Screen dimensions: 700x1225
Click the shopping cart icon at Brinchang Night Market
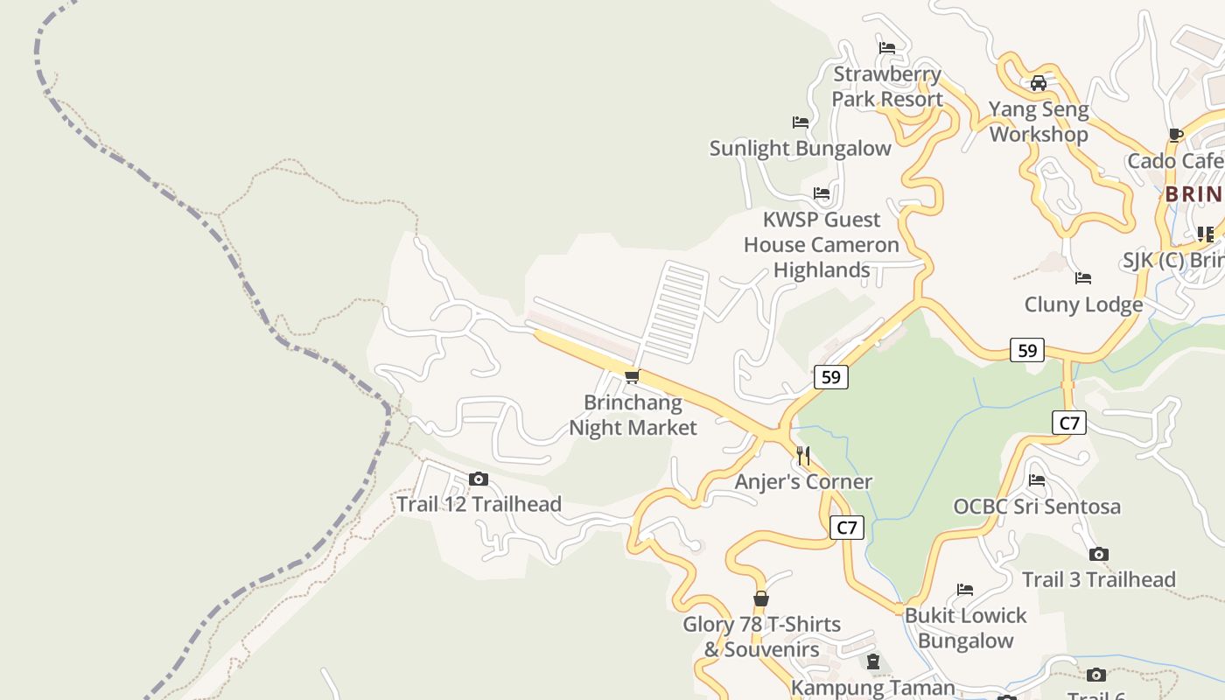click(x=632, y=377)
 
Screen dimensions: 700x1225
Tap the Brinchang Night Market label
click(x=633, y=416)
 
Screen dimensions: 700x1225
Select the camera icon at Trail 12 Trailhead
click(x=478, y=479)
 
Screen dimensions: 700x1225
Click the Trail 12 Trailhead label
click(x=479, y=505)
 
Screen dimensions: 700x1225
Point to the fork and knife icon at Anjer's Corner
click(x=803, y=456)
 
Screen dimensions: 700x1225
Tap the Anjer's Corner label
click(x=803, y=482)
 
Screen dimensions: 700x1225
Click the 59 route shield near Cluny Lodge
click(x=1027, y=351)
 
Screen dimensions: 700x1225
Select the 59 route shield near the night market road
click(x=830, y=377)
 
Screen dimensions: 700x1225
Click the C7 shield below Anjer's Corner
click(x=846, y=528)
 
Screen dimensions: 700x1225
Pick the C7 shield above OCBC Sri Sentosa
click(x=1069, y=423)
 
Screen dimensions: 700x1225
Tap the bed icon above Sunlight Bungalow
click(x=800, y=122)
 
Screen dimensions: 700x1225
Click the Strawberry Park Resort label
click(x=886, y=87)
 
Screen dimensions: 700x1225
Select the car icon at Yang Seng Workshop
click(x=1039, y=84)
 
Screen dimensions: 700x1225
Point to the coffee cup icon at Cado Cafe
click(x=1175, y=136)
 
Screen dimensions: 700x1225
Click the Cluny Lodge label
click(x=1083, y=304)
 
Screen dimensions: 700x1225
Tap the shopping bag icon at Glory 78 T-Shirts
click(x=761, y=599)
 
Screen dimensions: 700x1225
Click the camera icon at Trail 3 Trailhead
click(x=1099, y=554)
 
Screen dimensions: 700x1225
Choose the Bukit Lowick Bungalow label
click(x=965, y=628)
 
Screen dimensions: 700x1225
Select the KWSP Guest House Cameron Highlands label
click(x=821, y=245)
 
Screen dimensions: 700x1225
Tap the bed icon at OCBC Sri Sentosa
click(x=1037, y=480)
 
